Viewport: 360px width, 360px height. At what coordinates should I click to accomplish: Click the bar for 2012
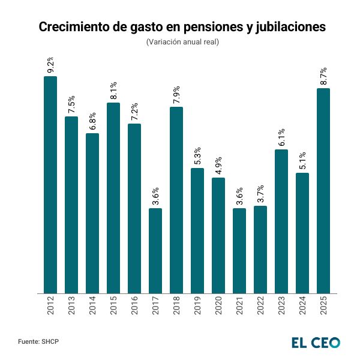point(50,185)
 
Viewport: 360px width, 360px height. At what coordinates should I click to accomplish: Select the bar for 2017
point(155,251)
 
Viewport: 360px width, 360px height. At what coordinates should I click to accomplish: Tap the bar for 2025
point(323,191)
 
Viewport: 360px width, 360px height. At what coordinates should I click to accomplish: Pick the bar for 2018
point(176,200)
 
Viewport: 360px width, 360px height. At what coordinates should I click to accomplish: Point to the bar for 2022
point(260,250)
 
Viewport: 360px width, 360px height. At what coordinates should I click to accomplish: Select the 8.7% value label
point(323,77)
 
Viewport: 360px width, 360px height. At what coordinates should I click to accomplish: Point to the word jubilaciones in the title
point(287,28)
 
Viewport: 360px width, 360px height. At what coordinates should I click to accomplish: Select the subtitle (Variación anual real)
point(182,42)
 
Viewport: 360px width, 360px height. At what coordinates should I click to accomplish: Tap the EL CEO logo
point(316,342)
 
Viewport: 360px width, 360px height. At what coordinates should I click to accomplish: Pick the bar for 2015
point(113,198)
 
